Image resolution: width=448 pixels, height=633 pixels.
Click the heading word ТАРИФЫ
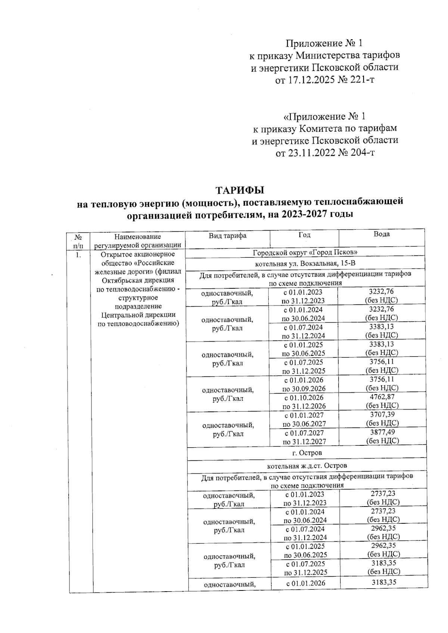(x=240, y=190)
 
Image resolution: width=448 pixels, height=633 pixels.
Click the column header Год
(x=305, y=235)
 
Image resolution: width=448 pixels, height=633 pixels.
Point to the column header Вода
(x=382, y=234)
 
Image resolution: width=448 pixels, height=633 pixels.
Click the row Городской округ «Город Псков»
(x=306, y=253)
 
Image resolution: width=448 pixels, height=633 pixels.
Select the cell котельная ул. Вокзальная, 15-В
(x=306, y=264)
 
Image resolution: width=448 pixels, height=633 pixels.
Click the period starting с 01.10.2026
(x=304, y=398)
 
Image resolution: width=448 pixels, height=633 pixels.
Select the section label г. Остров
(x=307, y=453)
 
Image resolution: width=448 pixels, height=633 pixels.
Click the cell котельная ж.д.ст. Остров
(x=307, y=466)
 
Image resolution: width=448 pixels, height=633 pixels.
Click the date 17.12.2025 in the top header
(x=311, y=80)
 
